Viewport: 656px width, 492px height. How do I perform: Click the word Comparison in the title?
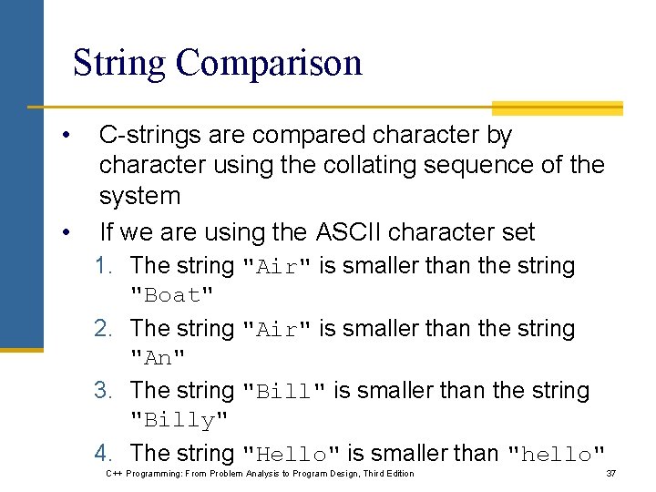tap(269, 63)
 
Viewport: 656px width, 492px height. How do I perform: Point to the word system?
tap(139, 195)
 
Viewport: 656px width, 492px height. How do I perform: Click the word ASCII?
tap(351, 232)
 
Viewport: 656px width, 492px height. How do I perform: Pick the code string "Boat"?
tap(172, 295)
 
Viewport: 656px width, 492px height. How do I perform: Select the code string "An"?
tap(158, 358)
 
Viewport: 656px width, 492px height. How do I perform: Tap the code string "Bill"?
tap(283, 391)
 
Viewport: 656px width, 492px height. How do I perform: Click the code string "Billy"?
tap(179, 421)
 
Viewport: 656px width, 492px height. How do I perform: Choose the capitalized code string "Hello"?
tap(292, 454)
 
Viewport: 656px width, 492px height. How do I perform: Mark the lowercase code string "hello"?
tap(556, 454)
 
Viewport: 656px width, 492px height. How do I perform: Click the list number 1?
tap(105, 266)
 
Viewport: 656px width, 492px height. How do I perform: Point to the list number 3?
tap(105, 391)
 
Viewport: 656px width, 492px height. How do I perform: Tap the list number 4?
tap(105, 453)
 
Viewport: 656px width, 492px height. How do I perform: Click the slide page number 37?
tap(611, 474)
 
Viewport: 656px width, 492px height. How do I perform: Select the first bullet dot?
tap(67, 136)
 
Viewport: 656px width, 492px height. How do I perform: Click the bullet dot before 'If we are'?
tap(67, 233)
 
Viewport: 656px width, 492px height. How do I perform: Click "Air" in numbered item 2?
tap(277, 329)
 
